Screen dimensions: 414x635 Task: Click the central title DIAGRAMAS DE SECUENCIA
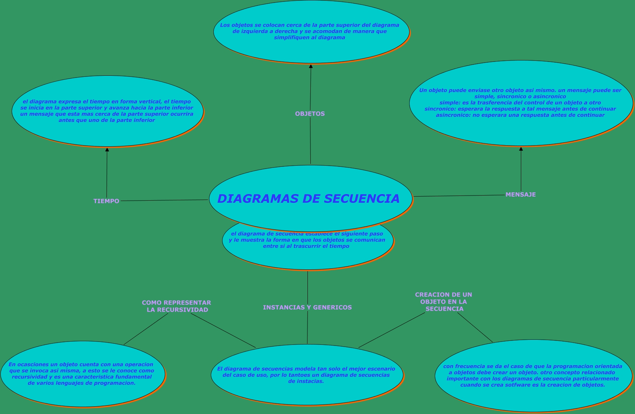[x=308, y=199]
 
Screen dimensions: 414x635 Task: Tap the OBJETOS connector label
[x=310, y=114]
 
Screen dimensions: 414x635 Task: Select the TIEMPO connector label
[x=106, y=201]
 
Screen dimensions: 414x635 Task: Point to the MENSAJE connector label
[x=520, y=194]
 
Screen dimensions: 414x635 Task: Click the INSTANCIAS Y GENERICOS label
[x=307, y=307]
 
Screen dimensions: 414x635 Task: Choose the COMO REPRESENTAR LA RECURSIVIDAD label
[x=177, y=306]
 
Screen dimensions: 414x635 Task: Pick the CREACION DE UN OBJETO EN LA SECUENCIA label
[x=444, y=301]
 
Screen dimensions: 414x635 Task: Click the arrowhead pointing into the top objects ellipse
[x=311, y=67]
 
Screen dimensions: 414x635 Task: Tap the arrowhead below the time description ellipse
[x=107, y=150]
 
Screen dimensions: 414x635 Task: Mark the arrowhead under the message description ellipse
[x=521, y=149]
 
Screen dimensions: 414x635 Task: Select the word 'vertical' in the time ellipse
[x=149, y=102]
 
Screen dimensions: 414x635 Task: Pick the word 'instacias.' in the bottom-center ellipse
[x=306, y=381]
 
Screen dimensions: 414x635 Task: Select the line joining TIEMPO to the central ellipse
[x=164, y=200]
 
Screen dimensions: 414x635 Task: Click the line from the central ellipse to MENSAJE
[x=460, y=196]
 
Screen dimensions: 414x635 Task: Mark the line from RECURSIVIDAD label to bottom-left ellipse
[x=146, y=329]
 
